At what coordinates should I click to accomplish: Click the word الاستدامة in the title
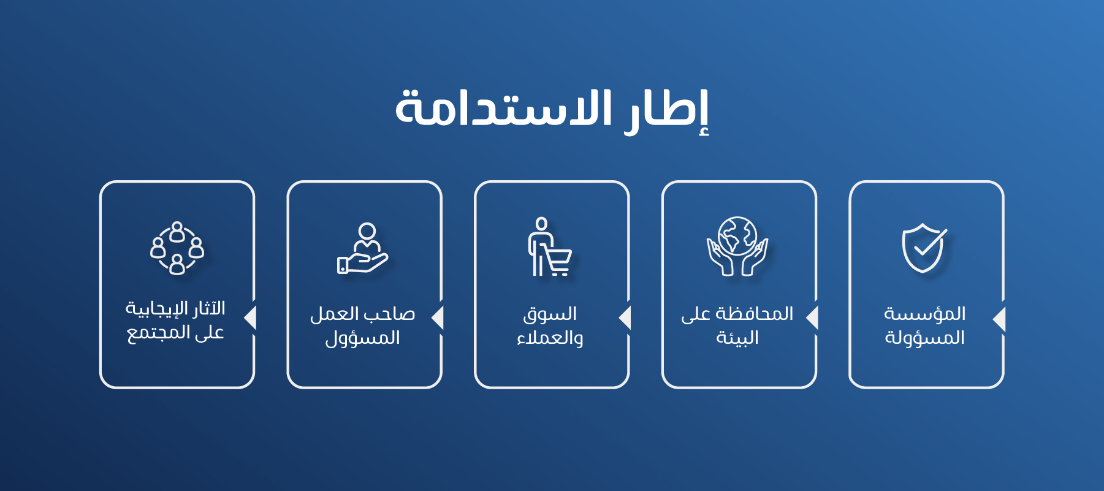click(x=503, y=108)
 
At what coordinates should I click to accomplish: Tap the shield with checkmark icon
click(x=924, y=248)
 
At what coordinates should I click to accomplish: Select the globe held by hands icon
click(x=737, y=246)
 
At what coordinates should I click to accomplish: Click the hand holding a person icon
click(x=363, y=248)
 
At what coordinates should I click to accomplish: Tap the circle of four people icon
click(x=177, y=248)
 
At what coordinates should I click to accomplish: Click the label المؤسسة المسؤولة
click(x=924, y=325)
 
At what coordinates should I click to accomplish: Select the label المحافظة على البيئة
click(x=737, y=325)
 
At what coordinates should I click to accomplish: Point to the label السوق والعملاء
click(x=550, y=325)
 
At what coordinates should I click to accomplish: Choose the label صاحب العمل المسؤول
click(x=363, y=325)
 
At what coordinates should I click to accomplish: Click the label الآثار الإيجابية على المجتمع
click(x=175, y=320)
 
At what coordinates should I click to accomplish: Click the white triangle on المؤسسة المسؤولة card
click(x=999, y=319)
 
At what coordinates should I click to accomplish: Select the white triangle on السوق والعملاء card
click(x=625, y=318)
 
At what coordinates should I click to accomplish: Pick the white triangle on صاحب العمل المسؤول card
click(x=437, y=318)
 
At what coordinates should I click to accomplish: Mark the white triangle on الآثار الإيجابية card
click(x=250, y=318)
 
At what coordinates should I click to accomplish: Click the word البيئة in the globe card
click(x=737, y=338)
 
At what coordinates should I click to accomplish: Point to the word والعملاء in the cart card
click(x=550, y=338)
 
